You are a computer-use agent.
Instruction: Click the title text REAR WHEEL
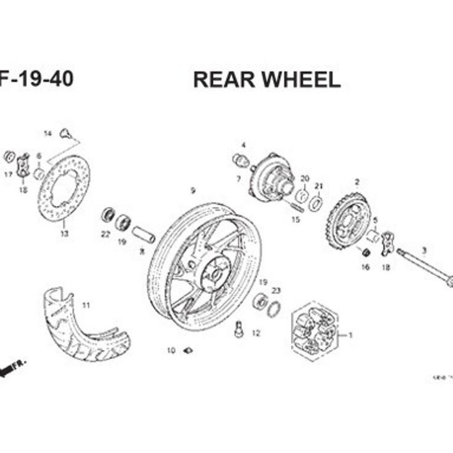pyautogui.click(x=267, y=80)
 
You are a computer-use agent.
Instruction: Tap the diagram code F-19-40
pyautogui.click(x=36, y=79)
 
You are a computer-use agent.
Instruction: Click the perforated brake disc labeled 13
pyautogui.click(x=63, y=188)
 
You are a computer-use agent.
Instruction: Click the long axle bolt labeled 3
pyautogui.click(x=425, y=265)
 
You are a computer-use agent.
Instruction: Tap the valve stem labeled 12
pyautogui.click(x=239, y=330)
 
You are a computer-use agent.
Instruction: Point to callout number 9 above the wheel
pyautogui.click(x=193, y=191)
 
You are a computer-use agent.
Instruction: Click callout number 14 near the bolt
pyautogui.click(x=47, y=134)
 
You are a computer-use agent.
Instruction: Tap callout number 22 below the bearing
pyautogui.click(x=105, y=234)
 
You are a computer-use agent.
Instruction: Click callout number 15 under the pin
pyautogui.click(x=295, y=220)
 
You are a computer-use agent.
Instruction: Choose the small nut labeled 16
pyautogui.click(x=365, y=252)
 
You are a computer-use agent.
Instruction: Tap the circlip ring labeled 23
pyautogui.click(x=274, y=310)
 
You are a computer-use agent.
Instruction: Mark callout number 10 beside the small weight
pyautogui.click(x=171, y=351)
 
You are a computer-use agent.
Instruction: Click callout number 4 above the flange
pyautogui.click(x=243, y=145)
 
